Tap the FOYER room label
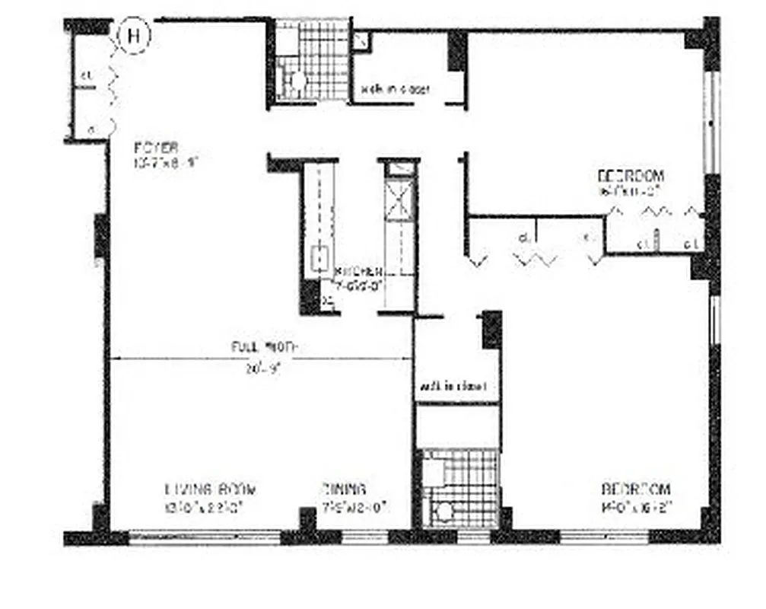pos(155,147)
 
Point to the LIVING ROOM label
pos(211,489)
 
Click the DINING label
pos(343,489)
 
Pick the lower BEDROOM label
pos(637,489)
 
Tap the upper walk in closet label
pos(396,89)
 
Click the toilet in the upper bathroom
pos(296,80)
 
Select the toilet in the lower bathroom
pos(442,509)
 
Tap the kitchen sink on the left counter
pos(320,257)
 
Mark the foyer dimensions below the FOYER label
pos(165,161)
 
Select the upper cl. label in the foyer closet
pos(87,75)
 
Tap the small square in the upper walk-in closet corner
pos(361,41)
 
